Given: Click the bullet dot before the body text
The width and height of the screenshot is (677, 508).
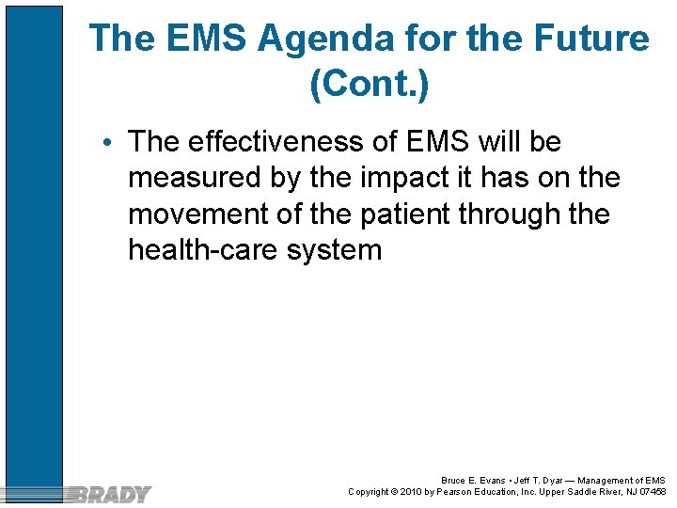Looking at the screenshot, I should pos(110,143).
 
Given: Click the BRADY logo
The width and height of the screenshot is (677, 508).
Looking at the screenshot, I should pos(110,493).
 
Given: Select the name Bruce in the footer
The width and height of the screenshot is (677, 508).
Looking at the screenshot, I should pos(454,481).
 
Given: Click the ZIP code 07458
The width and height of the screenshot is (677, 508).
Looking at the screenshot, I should pos(651,492).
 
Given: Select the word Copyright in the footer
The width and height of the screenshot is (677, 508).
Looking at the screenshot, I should pos(370,492).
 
